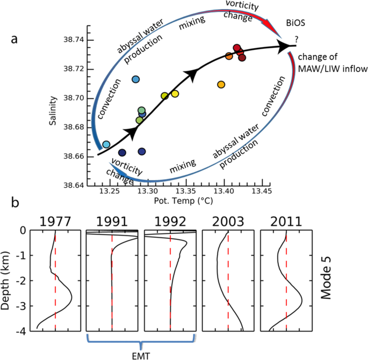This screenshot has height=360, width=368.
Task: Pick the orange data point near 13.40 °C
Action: coord(221,84)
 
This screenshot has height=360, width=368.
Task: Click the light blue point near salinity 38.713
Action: coord(136,79)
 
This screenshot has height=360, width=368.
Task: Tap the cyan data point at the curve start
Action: coord(106,144)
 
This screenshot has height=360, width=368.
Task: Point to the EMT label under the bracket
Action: coord(141,355)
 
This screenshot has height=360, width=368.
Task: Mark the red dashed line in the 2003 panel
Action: coord(228,279)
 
